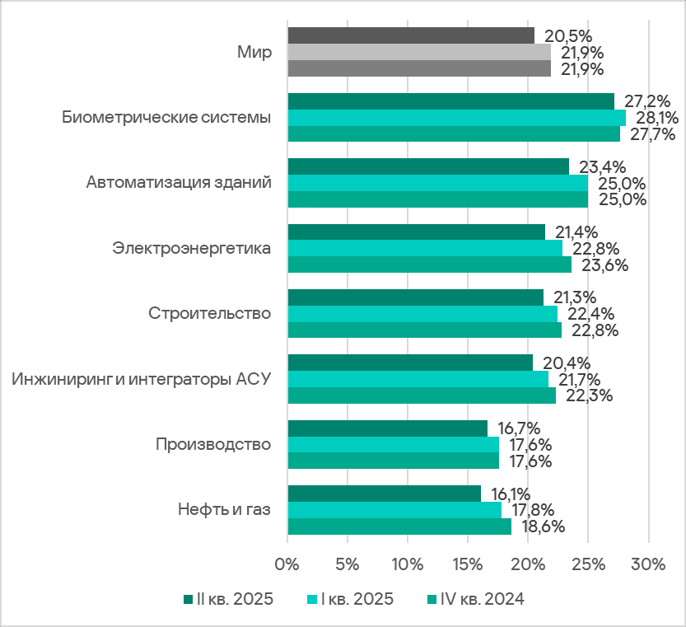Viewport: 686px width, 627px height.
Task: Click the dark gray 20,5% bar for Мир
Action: click(x=410, y=35)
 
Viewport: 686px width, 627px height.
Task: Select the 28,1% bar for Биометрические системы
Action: click(x=456, y=117)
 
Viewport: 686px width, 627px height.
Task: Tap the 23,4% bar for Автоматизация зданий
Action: click(x=428, y=166)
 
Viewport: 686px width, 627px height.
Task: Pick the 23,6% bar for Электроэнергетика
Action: click(x=429, y=264)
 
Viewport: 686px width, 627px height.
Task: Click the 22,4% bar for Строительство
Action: click(x=422, y=314)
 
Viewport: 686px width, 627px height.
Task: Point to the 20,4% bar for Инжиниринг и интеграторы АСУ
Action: click(x=410, y=363)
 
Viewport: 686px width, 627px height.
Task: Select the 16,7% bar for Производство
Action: click(x=387, y=428)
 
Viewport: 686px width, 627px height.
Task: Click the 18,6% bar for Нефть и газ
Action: click(x=399, y=526)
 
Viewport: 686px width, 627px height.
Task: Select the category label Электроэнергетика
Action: click(x=191, y=248)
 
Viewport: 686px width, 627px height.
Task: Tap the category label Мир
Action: click(x=253, y=52)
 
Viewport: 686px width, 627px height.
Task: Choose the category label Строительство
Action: click(x=210, y=314)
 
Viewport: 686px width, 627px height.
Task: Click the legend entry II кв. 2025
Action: click(x=227, y=600)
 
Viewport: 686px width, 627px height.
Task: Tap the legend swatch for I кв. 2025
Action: click(x=311, y=600)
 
